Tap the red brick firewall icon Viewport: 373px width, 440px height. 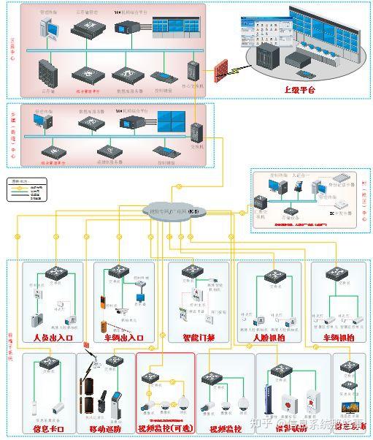(x=220, y=71)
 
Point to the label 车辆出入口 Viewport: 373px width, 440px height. (x=123, y=338)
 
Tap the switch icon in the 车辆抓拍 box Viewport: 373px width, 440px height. (x=338, y=273)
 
